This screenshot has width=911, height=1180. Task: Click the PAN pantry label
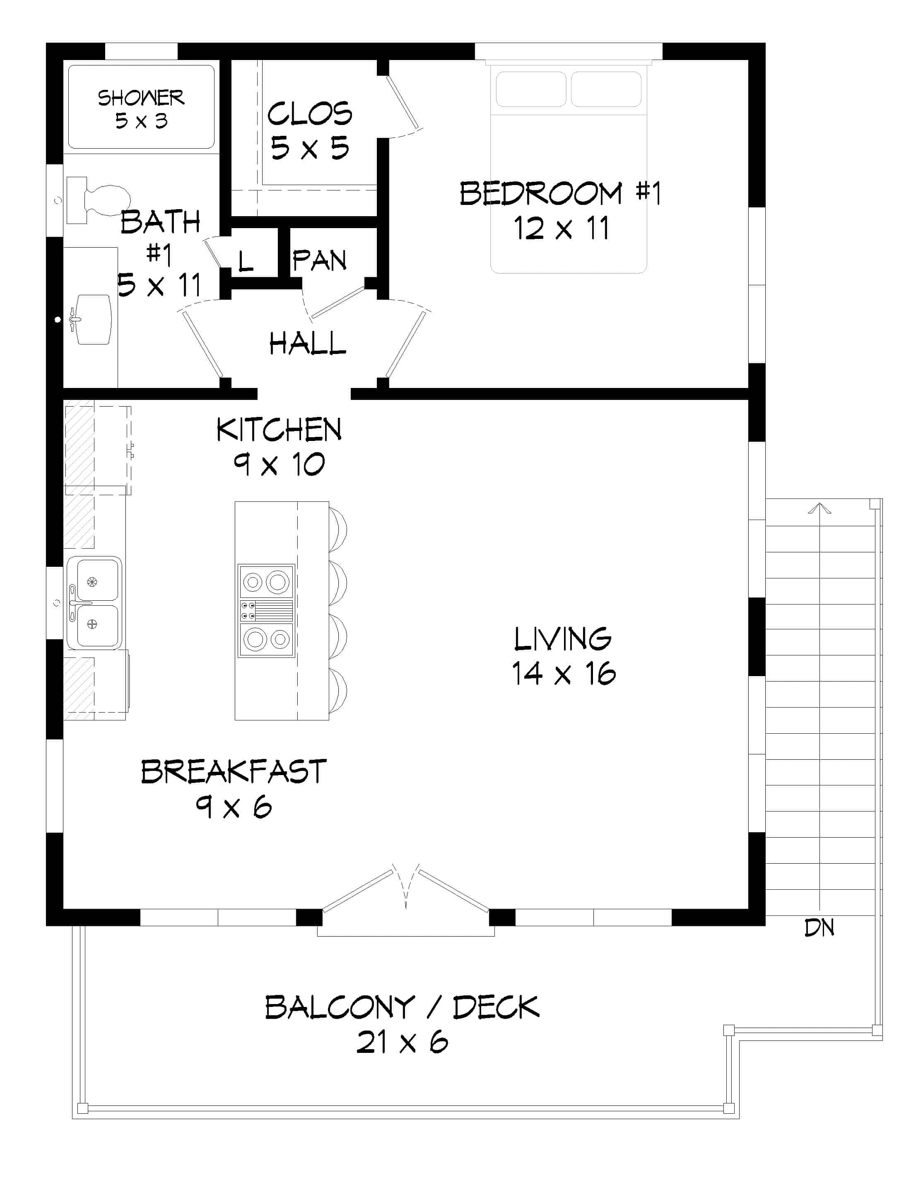tap(319, 261)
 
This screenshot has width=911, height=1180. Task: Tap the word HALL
tap(307, 343)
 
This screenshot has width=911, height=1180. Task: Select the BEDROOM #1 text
tap(560, 193)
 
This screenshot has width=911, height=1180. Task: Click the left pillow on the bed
tap(530, 89)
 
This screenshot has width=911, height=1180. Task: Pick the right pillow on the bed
tap(606, 89)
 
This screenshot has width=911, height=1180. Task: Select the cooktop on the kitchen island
tap(266, 611)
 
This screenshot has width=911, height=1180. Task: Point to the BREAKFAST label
tap(234, 771)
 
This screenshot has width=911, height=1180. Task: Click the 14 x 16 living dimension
tap(563, 674)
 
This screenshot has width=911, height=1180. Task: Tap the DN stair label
tap(819, 928)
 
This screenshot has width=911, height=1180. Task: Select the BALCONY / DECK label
tap(402, 1007)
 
